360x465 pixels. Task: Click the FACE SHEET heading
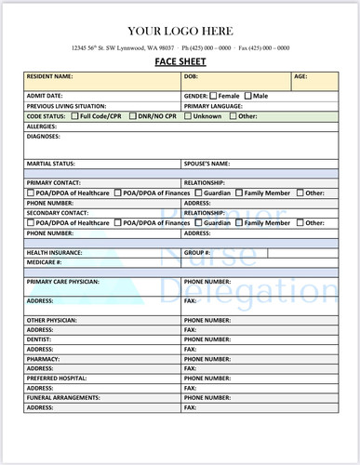[180, 62]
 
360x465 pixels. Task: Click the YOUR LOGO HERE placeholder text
[180, 31]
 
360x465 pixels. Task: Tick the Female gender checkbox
[214, 96]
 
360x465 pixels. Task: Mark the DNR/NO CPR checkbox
[132, 116]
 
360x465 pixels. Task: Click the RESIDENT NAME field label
[49, 76]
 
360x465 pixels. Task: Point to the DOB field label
[191, 76]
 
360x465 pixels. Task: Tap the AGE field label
[300, 76]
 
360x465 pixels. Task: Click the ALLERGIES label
[42, 126]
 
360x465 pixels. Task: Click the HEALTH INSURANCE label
[54, 252]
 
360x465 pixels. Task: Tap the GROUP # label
[197, 252]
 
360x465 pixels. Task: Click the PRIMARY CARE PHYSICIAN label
[63, 281]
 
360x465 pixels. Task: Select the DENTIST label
[40, 339]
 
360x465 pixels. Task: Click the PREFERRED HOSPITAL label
[59, 379]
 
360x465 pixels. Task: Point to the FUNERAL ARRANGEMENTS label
[64, 398]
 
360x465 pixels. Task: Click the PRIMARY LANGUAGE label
[216, 106]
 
